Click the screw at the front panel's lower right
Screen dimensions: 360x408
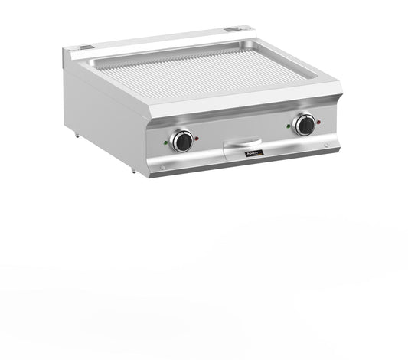tap(325, 146)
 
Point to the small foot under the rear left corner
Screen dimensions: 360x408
tap(78, 136)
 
